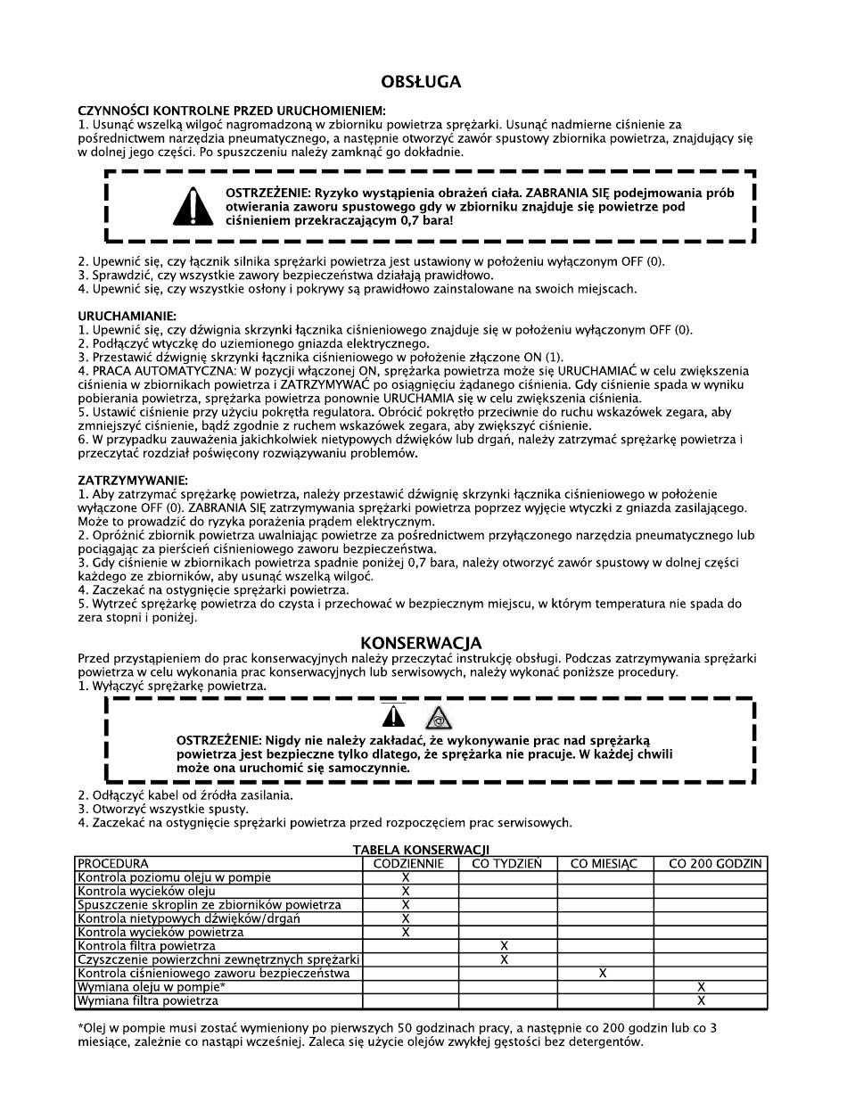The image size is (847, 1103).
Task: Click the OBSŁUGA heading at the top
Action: point(421,82)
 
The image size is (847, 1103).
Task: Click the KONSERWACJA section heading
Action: point(421,643)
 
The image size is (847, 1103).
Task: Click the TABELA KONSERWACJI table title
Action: point(421,850)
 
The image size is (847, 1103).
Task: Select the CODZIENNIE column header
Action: point(410,863)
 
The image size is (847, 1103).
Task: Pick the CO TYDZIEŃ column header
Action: point(506,863)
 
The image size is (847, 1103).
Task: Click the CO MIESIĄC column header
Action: point(604,863)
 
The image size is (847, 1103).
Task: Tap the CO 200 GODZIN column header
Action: point(709,863)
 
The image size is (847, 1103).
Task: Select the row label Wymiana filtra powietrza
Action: point(148,1001)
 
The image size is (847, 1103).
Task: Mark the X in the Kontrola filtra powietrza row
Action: point(505,945)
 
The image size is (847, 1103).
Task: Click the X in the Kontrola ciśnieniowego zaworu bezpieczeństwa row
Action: point(603,973)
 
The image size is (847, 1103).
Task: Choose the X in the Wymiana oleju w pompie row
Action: point(701,987)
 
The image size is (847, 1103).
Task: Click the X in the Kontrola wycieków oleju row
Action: point(406,891)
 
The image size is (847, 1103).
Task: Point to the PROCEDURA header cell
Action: point(113,863)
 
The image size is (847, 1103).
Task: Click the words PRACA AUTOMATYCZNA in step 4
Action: point(146,371)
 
